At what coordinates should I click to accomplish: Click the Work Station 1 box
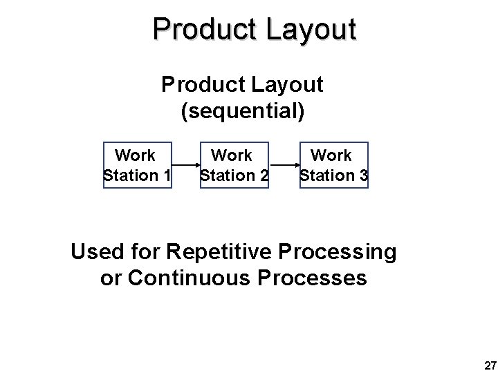click(137, 165)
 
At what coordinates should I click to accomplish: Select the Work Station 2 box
click(234, 165)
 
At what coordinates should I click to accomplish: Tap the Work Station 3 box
click(333, 165)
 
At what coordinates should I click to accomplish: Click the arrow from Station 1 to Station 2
click(185, 166)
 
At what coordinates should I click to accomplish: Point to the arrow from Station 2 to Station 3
click(284, 166)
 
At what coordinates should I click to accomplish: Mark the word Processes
click(315, 279)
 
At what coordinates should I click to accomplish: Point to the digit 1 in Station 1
click(166, 175)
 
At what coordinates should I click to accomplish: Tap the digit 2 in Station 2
click(264, 175)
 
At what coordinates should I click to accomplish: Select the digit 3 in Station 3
click(363, 175)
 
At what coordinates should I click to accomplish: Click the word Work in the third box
click(331, 155)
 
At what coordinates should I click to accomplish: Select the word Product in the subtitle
click(201, 85)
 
